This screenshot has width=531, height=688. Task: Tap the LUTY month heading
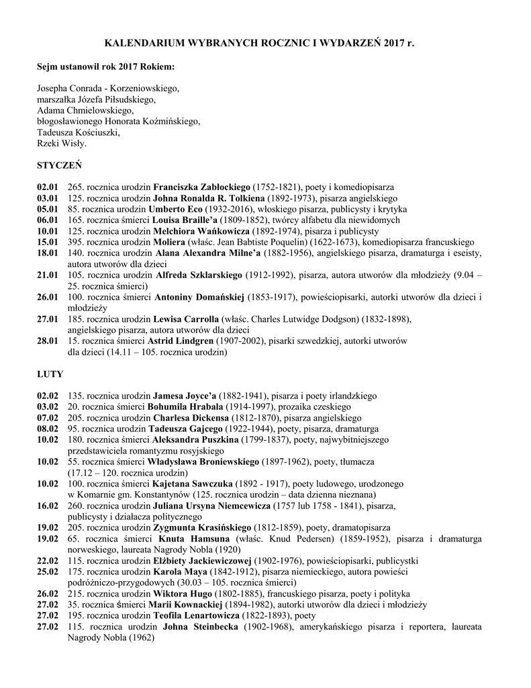click(x=50, y=374)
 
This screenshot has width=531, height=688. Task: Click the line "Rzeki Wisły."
click(x=62, y=143)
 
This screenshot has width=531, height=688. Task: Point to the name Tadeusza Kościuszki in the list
click(x=79, y=132)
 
